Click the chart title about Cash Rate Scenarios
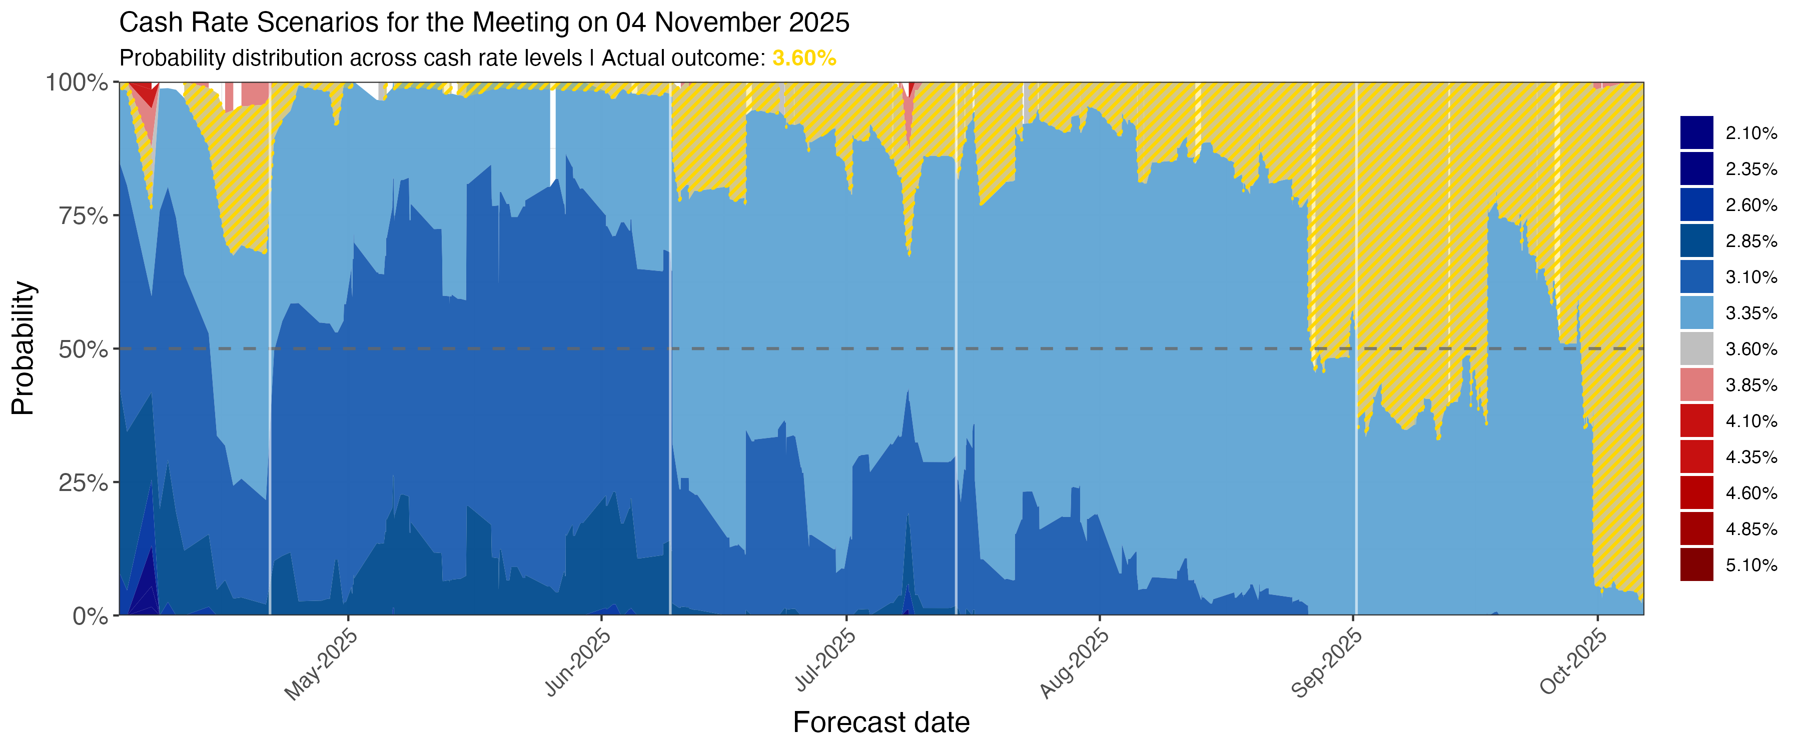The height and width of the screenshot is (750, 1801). point(484,23)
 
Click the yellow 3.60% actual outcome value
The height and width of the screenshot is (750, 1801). point(804,58)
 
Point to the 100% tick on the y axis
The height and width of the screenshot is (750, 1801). point(77,82)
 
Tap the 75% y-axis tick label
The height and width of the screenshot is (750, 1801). point(83,216)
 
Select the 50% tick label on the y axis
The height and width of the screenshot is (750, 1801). point(83,349)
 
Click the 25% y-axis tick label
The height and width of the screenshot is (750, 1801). point(83,482)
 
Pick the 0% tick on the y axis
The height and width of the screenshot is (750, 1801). point(91,616)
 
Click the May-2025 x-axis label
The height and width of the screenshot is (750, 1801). point(321,663)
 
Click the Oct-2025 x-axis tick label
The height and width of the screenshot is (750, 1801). point(1573,661)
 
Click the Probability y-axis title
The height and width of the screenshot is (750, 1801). point(23,348)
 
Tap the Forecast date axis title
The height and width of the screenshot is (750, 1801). point(881,722)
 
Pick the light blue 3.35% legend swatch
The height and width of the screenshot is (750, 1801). point(1697,312)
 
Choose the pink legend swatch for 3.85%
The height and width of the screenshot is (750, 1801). point(1697,384)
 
